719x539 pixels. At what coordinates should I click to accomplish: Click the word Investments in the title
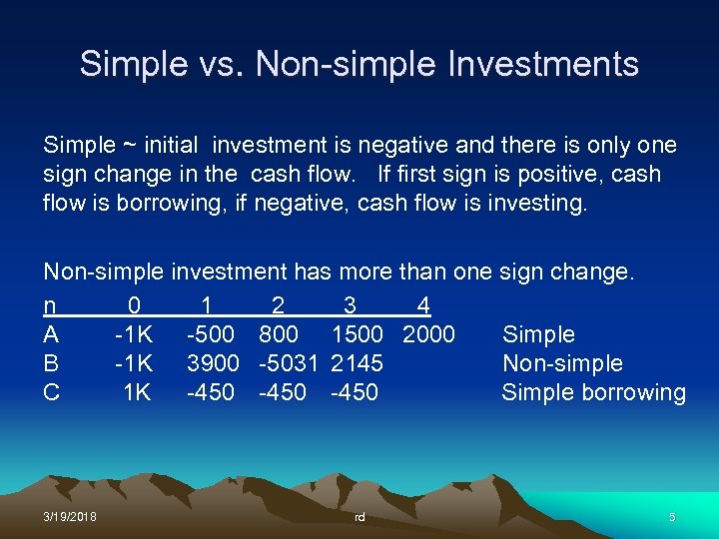pos(545,64)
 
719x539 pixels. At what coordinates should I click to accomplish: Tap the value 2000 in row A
pos(428,334)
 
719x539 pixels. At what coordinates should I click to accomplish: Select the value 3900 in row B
pos(213,363)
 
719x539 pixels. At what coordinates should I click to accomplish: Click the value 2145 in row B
pos(357,363)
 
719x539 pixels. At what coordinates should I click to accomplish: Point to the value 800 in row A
pos(278,334)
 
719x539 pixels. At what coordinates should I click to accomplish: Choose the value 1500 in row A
pos(357,334)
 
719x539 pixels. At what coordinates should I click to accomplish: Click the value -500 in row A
pos(213,334)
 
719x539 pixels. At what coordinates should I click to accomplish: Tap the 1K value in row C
pos(137,392)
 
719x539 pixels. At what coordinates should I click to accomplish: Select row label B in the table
pos(51,363)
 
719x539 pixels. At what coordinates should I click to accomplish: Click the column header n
pos(50,305)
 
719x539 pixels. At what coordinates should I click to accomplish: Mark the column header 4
pos(423,305)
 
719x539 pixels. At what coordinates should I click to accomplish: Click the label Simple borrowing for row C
pos(593,392)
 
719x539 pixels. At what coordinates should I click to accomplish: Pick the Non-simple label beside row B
pos(562,363)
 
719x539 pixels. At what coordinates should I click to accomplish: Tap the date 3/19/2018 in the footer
pos(70,517)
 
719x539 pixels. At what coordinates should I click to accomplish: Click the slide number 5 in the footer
pos(672,517)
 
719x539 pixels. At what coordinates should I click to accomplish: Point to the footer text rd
pos(359,517)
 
